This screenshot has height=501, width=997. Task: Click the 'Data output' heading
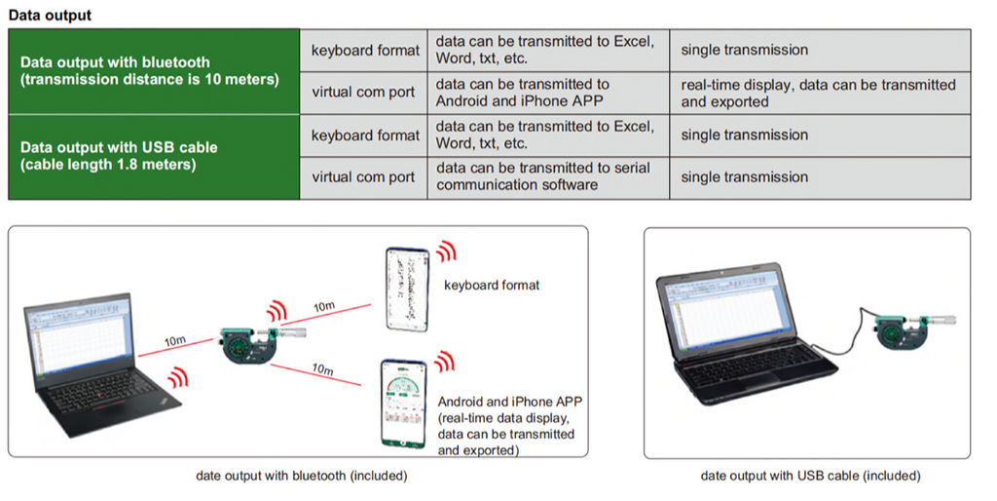50,16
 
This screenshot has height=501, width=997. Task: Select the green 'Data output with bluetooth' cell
153,70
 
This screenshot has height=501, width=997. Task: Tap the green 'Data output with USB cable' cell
153,156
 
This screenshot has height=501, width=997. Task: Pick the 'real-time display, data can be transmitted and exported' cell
819,93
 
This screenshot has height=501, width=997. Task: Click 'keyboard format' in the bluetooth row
364,51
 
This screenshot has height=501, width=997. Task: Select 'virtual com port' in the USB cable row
362,177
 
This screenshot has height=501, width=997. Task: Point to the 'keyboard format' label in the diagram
491,286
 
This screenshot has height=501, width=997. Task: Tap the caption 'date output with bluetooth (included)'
301,476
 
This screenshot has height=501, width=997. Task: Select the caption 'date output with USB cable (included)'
810,476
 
